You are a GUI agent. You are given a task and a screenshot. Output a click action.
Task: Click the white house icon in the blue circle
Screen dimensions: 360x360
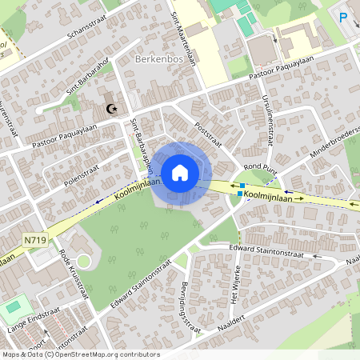pyautogui.click(x=180, y=172)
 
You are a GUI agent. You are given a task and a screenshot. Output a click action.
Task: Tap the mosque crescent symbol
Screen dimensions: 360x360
pyautogui.click(x=112, y=109)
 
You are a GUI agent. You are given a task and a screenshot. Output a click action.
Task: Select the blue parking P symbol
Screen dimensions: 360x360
pyautogui.click(x=343, y=17)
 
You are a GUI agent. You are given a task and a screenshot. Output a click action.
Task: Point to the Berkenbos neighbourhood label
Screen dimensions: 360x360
pyautogui.click(x=160, y=59)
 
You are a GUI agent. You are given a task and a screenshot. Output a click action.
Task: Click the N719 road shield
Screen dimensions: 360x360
pyautogui.click(x=34, y=239)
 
